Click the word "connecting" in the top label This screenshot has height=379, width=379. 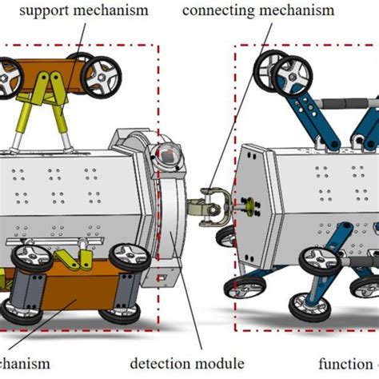click(x=217, y=10)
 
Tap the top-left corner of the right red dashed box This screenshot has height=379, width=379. click(x=235, y=46)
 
